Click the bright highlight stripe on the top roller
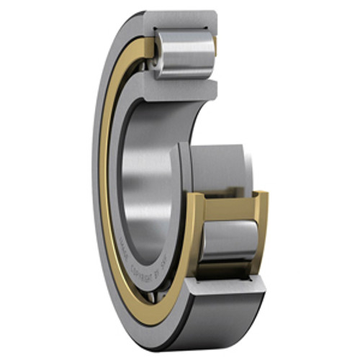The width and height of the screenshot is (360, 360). pos(186,45)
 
